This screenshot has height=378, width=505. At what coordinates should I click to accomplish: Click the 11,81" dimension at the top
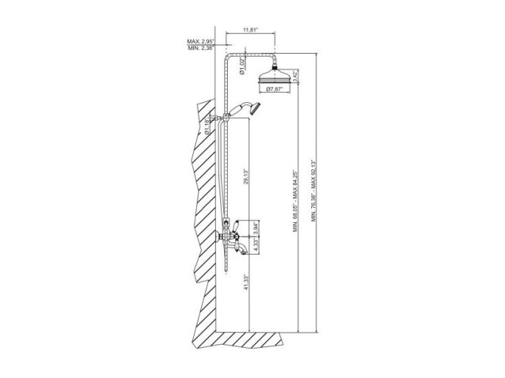[x=251, y=30]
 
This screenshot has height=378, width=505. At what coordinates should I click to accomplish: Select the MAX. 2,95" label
[x=201, y=41]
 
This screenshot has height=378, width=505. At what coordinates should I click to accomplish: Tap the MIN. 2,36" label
[x=201, y=48]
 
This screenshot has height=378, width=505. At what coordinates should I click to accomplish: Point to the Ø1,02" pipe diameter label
[x=242, y=67]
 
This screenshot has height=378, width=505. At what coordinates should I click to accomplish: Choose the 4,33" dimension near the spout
[x=256, y=246]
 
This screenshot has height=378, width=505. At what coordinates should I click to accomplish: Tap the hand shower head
[x=257, y=107]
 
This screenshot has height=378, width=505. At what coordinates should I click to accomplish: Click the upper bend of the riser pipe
[x=229, y=54]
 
